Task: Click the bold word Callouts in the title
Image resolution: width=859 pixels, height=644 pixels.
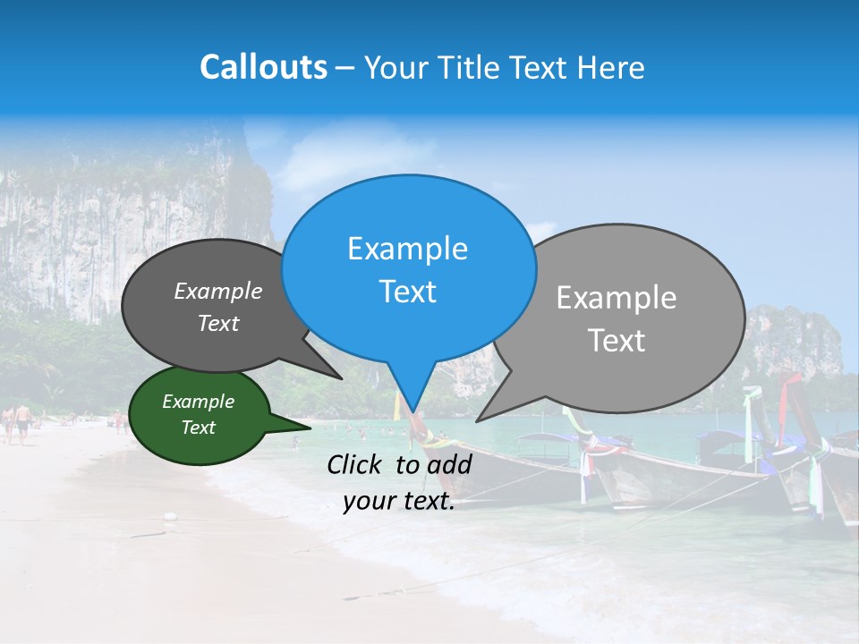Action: (x=263, y=68)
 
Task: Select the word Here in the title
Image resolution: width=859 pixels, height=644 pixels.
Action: (x=613, y=68)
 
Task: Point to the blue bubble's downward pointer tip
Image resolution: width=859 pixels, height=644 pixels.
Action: (x=412, y=412)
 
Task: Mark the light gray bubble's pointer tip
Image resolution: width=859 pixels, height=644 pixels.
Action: (x=477, y=420)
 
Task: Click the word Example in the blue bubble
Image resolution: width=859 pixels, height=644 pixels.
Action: (x=408, y=249)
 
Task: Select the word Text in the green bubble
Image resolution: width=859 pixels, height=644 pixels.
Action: (x=199, y=428)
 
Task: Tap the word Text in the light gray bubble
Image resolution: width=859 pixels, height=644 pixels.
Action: (x=617, y=341)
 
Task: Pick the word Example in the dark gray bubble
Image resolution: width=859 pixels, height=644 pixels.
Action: (x=218, y=292)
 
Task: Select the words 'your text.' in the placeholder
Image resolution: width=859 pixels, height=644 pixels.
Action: (x=399, y=502)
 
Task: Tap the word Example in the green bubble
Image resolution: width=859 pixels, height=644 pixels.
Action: (x=199, y=402)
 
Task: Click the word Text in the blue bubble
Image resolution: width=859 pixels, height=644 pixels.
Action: (x=408, y=292)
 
